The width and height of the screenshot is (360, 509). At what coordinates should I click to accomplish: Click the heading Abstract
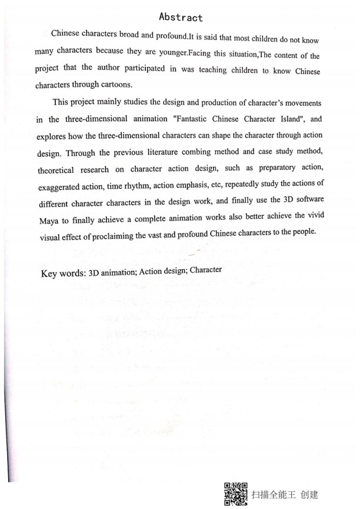tap(181, 17)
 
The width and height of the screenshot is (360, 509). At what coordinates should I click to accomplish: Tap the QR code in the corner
tap(236, 494)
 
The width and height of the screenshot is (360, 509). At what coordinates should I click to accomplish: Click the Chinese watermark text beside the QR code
tap(284, 494)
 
